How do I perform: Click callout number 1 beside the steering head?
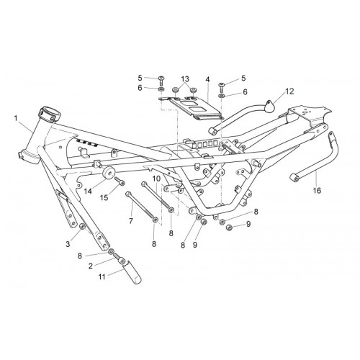point(16,118)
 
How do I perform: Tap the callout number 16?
point(317,191)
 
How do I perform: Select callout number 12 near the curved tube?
point(289,91)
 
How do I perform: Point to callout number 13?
point(185,78)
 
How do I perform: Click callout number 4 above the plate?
point(207,79)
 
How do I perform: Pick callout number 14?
point(88,192)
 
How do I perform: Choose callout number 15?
point(104,197)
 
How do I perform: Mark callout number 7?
point(131,221)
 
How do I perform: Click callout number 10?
point(156,179)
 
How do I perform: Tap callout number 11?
point(102,276)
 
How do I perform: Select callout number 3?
point(68,244)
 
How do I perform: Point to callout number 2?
point(91,266)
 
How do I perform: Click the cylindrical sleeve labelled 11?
point(132,272)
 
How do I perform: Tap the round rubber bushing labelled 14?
point(108,172)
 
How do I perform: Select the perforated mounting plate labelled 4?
point(195,108)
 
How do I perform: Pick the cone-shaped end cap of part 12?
point(269,106)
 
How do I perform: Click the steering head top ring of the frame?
point(49,113)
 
